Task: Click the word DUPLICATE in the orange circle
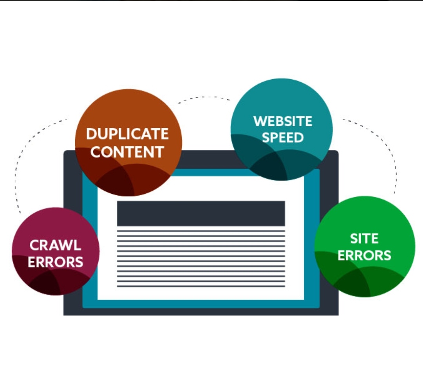click(x=127, y=134)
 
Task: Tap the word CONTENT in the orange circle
click(x=127, y=152)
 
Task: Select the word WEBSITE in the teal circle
click(x=282, y=121)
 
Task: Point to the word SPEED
click(x=282, y=138)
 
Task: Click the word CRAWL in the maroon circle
click(x=55, y=246)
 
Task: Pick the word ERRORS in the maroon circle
click(x=55, y=262)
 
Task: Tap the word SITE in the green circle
click(x=364, y=238)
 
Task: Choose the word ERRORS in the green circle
click(x=364, y=255)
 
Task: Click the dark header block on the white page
click(x=201, y=213)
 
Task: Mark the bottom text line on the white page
click(x=201, y=286)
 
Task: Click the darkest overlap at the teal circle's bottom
click(x=270, y=167)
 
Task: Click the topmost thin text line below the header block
click(x=201, y=231)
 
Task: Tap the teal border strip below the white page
click(x=201, y=304)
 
